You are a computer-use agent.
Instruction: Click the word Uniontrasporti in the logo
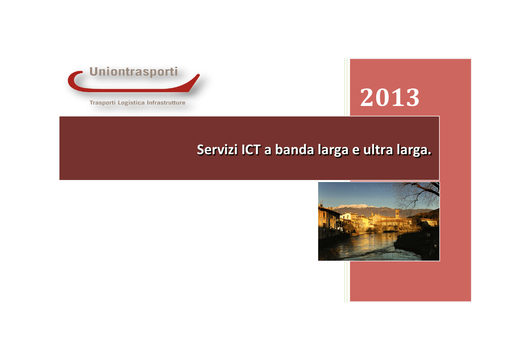[x=133, y=72]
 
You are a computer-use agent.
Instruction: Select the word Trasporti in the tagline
[x=102, y=102]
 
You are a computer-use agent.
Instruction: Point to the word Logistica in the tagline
[x=131, y=103]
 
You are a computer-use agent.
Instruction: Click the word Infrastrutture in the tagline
[x=166, y=102]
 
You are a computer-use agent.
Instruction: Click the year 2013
[x=390, y=97]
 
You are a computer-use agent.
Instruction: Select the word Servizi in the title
[x=218, y=150]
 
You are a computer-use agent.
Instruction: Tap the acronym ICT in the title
[x=251, y=150]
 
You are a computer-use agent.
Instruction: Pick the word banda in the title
[x=295, y=150]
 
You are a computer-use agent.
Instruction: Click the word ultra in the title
[x=377, y=150]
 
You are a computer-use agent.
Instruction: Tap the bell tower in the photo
[x=397, y=215]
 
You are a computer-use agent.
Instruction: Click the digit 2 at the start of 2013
[x=367, y=97]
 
